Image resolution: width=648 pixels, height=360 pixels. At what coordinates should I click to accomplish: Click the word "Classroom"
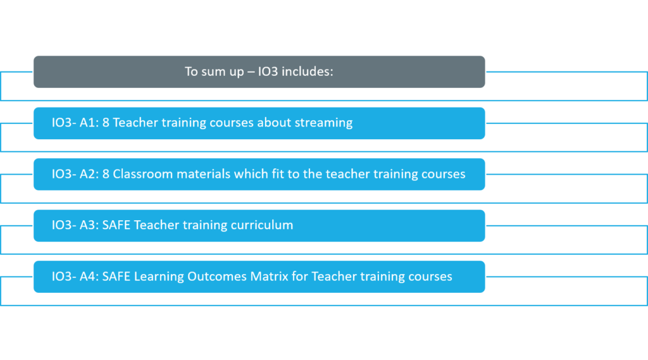(142, 174)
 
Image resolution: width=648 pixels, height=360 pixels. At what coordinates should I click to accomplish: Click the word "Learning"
(159, 277)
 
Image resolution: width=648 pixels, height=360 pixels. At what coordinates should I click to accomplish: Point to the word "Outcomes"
(217, 276)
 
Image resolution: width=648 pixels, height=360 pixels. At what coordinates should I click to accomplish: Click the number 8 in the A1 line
(106, 123)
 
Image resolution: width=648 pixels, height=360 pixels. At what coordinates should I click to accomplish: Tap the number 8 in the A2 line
(106, 174)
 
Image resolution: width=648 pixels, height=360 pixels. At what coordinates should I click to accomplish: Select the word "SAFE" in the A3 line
(116, 225)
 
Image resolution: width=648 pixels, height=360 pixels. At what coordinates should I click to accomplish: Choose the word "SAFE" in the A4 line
(116, 276)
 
